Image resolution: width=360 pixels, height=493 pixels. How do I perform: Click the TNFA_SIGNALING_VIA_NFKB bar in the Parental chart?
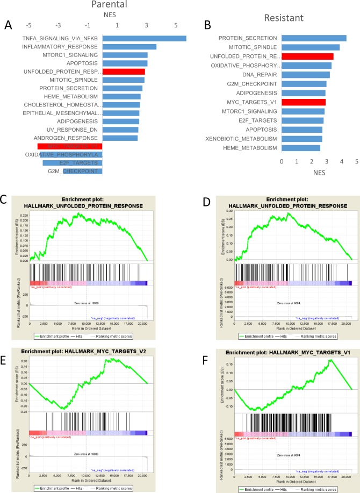click(144, 39)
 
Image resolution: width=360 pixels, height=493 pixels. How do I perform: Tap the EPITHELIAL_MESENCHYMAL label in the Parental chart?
click(62, 113)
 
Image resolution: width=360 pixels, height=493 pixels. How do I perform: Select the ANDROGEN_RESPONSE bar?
click(120, 138)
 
